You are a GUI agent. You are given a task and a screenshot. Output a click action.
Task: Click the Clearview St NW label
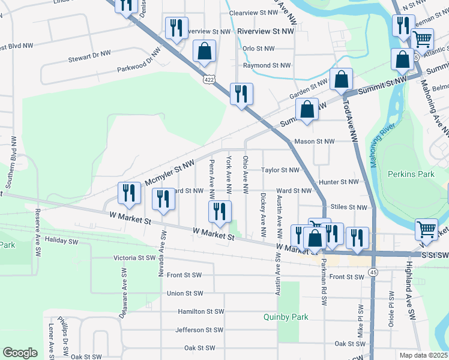pyautogui.click(x=254, y=12)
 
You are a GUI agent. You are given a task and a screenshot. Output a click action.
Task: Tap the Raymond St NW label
pyautogui.click(x=267, y=65)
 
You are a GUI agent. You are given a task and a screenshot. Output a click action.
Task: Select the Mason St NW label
pyautogui.click(x=313, y=142)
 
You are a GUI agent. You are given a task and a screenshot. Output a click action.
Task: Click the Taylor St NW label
pyautogui.click(x=280, y=170)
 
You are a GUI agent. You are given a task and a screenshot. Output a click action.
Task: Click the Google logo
pyautogui.click(x=20, y=353)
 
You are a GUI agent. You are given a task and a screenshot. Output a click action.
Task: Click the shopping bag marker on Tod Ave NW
pyautogui.click(x=341, y=80)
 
